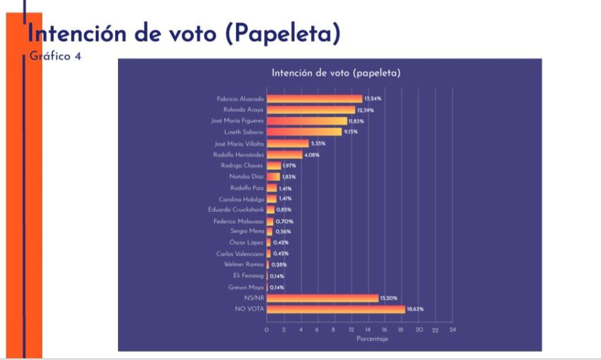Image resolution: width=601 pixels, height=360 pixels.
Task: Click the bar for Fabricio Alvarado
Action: (314, 99)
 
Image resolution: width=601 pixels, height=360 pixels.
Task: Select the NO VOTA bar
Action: (336, 309)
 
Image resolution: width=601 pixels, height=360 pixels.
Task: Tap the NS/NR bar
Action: (322, 298)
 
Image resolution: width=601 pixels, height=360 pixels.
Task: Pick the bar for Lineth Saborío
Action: (304, 132)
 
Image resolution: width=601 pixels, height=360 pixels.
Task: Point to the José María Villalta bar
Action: (288, 143)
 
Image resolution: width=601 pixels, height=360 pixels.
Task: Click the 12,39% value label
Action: (364, 110)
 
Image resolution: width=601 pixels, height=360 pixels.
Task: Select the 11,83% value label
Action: (355, 121)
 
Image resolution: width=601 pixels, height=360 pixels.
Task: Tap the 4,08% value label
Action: (312, 155)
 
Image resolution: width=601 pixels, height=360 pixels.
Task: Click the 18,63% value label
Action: (414, 309)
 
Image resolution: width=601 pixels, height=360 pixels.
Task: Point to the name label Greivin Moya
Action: (247, 287)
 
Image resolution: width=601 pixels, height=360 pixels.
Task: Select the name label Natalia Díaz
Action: (247, 176)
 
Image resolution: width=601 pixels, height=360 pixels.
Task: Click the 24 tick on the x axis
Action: (452, 330)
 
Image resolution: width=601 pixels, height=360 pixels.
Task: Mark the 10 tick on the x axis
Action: (333, 330)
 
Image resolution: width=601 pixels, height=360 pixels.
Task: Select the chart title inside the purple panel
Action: (336, 73)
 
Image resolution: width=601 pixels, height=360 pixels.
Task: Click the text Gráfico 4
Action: (55, 56)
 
